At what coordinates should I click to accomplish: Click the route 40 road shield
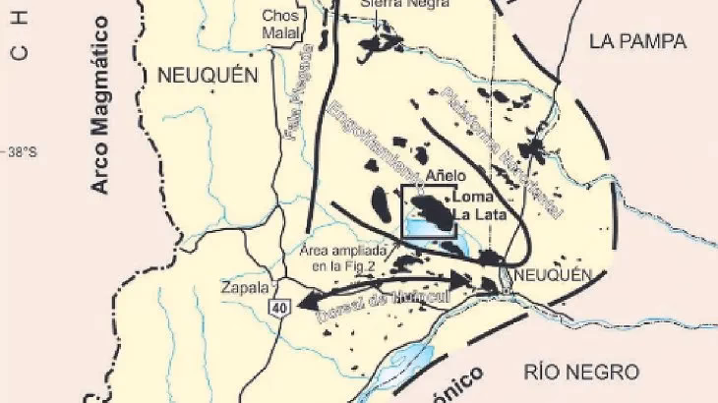click(281, 309)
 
